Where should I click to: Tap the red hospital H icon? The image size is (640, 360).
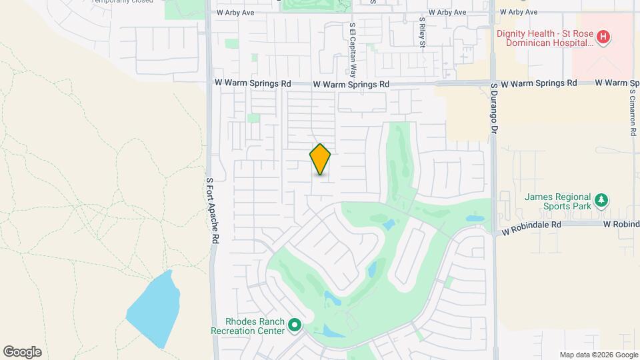[x=603, y=37]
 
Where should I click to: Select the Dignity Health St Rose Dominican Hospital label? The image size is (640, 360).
[x=545, y=37]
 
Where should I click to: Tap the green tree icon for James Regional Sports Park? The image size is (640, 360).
[x=601, y=200]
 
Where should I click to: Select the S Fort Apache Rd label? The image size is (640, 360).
[x=212, y=209]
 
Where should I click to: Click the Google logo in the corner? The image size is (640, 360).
[x=21, y=352]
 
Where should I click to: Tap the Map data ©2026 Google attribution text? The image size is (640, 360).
[x=599, y=355]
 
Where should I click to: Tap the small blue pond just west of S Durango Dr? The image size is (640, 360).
[x=474, y=218]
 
